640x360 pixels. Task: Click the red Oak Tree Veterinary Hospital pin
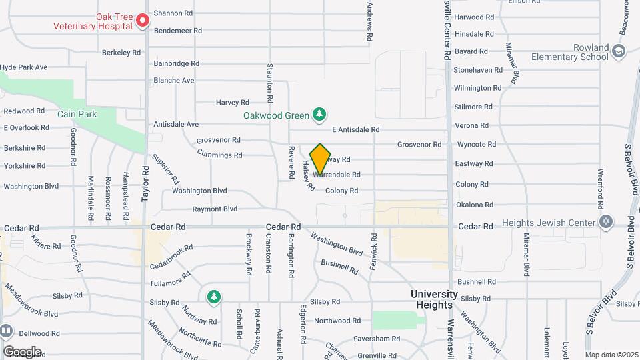(142, 21)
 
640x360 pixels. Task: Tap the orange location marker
(320, 159)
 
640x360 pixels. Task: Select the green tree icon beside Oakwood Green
(320, 115)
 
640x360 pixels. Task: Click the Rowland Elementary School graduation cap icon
(619, 51)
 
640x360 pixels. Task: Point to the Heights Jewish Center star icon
(605, 222)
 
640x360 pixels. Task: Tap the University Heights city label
(434, 299)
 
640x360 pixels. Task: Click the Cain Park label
(77, 114)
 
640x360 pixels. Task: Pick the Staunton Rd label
(270, 83)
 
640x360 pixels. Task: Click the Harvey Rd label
(232, 103)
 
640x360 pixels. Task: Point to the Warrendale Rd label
(338, 175)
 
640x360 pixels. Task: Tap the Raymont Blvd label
(215, 209)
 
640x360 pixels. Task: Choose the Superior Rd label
(166, 169)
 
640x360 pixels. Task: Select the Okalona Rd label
(473, 205)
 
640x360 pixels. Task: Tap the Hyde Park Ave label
(24, 67)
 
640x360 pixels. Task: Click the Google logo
(22, 351)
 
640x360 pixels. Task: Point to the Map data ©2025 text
(611, 355)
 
